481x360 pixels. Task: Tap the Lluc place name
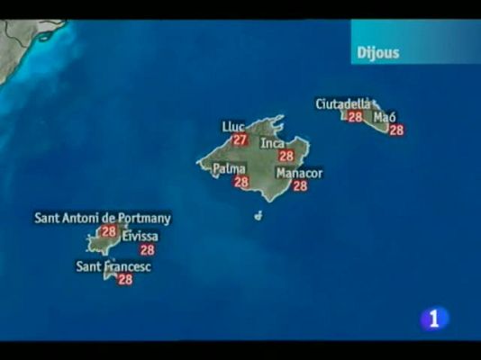click(233, 127)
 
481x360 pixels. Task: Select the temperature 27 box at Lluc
click(240, 139)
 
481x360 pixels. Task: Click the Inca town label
click(272, 143)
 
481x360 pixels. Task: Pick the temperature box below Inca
click(286, 156)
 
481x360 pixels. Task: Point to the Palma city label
click(229, 168)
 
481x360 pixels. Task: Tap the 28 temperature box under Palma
click(241, 182)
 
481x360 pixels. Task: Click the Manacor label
click(299, 173)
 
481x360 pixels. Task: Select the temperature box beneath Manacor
click(300, 185)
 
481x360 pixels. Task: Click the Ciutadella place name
click(342, 103)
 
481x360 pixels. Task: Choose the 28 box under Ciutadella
click(355, 116)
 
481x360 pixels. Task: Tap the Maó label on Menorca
click(385, 117)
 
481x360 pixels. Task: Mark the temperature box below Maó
click(396, 130)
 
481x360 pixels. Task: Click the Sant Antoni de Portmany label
click(103, 218)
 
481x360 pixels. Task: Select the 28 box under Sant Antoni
click(109, 231)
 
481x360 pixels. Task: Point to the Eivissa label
click(140, 237)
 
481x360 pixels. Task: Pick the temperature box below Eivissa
click(147, 250)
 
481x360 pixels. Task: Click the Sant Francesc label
click(113, 266)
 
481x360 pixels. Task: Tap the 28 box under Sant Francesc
click(125, 280)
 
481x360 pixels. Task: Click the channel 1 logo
click(434, 318)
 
